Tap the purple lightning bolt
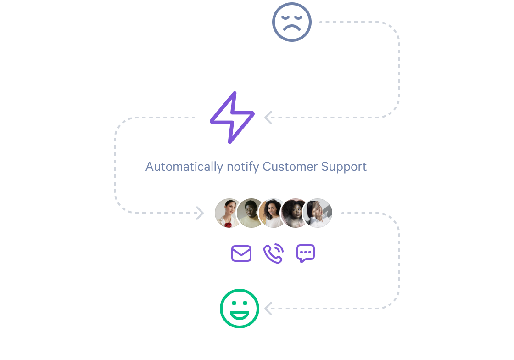point(232,118)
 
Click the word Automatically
point(184,167)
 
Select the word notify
point(243,167)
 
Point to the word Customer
point(290,167)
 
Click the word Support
point(344,167)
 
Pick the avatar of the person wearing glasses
point(251,213)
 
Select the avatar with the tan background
point(273,213)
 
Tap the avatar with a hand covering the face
point(318,213)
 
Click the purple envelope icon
point(241,253)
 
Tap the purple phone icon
point(274,253)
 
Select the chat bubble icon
point(306,253)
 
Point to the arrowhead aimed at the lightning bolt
point(268,118)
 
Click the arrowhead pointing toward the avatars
point(200,213)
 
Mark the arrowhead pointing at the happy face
point(268,309)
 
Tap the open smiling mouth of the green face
point(239,315)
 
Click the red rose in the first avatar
point(228,225)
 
